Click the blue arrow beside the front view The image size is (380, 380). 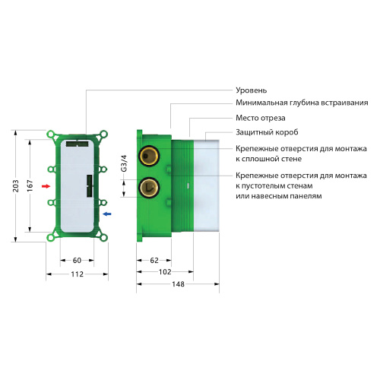[x=106, y=214]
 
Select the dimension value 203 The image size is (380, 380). [x=17, y=186]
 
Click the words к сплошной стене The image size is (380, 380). [x=269, y=159]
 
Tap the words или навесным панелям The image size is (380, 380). [x=278, y=196]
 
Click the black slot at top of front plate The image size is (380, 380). [x=78, y=142]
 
